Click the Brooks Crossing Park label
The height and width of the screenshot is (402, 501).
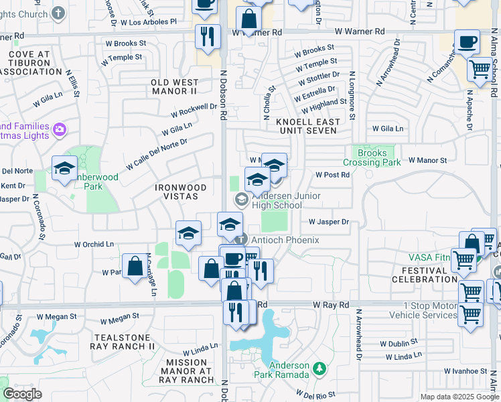tap(372, 157)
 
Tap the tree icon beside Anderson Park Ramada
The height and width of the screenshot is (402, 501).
tap(320, 368)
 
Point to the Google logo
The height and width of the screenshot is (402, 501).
tap(22, 393)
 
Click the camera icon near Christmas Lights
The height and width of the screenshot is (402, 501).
tap(59, 129)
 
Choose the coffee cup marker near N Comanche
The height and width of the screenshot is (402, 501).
tap(468, 42)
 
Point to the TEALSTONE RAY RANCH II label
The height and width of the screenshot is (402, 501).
tap(124, 342)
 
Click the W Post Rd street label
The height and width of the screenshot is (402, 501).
tap(333, 175)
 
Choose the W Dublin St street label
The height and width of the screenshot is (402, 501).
tap(399, 343)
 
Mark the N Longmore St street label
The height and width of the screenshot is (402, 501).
tap(350, 98)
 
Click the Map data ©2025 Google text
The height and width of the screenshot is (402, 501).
tap(459, 397)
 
